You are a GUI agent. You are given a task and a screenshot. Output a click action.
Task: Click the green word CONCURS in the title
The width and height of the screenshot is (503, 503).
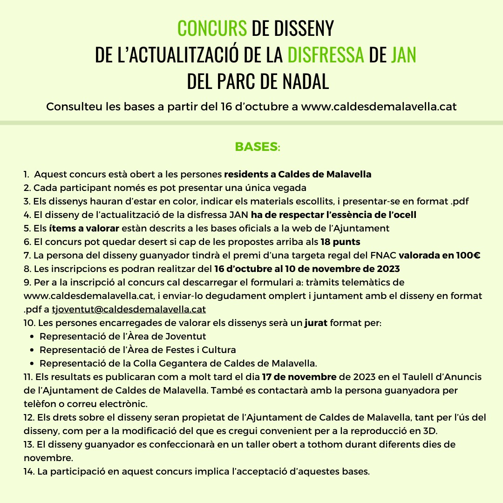[212, 29]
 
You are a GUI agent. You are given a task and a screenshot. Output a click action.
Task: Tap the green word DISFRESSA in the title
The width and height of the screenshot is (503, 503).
[326, 55]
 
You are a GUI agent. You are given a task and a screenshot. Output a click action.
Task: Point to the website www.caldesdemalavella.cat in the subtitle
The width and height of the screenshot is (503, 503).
[379, 107]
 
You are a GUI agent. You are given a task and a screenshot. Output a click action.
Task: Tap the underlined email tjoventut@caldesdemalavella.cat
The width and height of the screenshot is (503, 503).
[129, 309]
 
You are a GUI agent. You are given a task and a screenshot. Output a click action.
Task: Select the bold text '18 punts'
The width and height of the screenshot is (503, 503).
[340, 242]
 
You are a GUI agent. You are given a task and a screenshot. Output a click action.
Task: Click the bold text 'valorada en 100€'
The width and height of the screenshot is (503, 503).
[440, 255]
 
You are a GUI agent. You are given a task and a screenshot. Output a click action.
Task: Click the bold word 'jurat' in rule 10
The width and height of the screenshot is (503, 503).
[316, 323]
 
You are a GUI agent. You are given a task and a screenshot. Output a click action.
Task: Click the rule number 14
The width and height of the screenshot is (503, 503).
[28, 471]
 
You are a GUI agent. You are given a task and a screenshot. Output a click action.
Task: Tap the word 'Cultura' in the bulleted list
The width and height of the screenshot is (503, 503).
[219, 350]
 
